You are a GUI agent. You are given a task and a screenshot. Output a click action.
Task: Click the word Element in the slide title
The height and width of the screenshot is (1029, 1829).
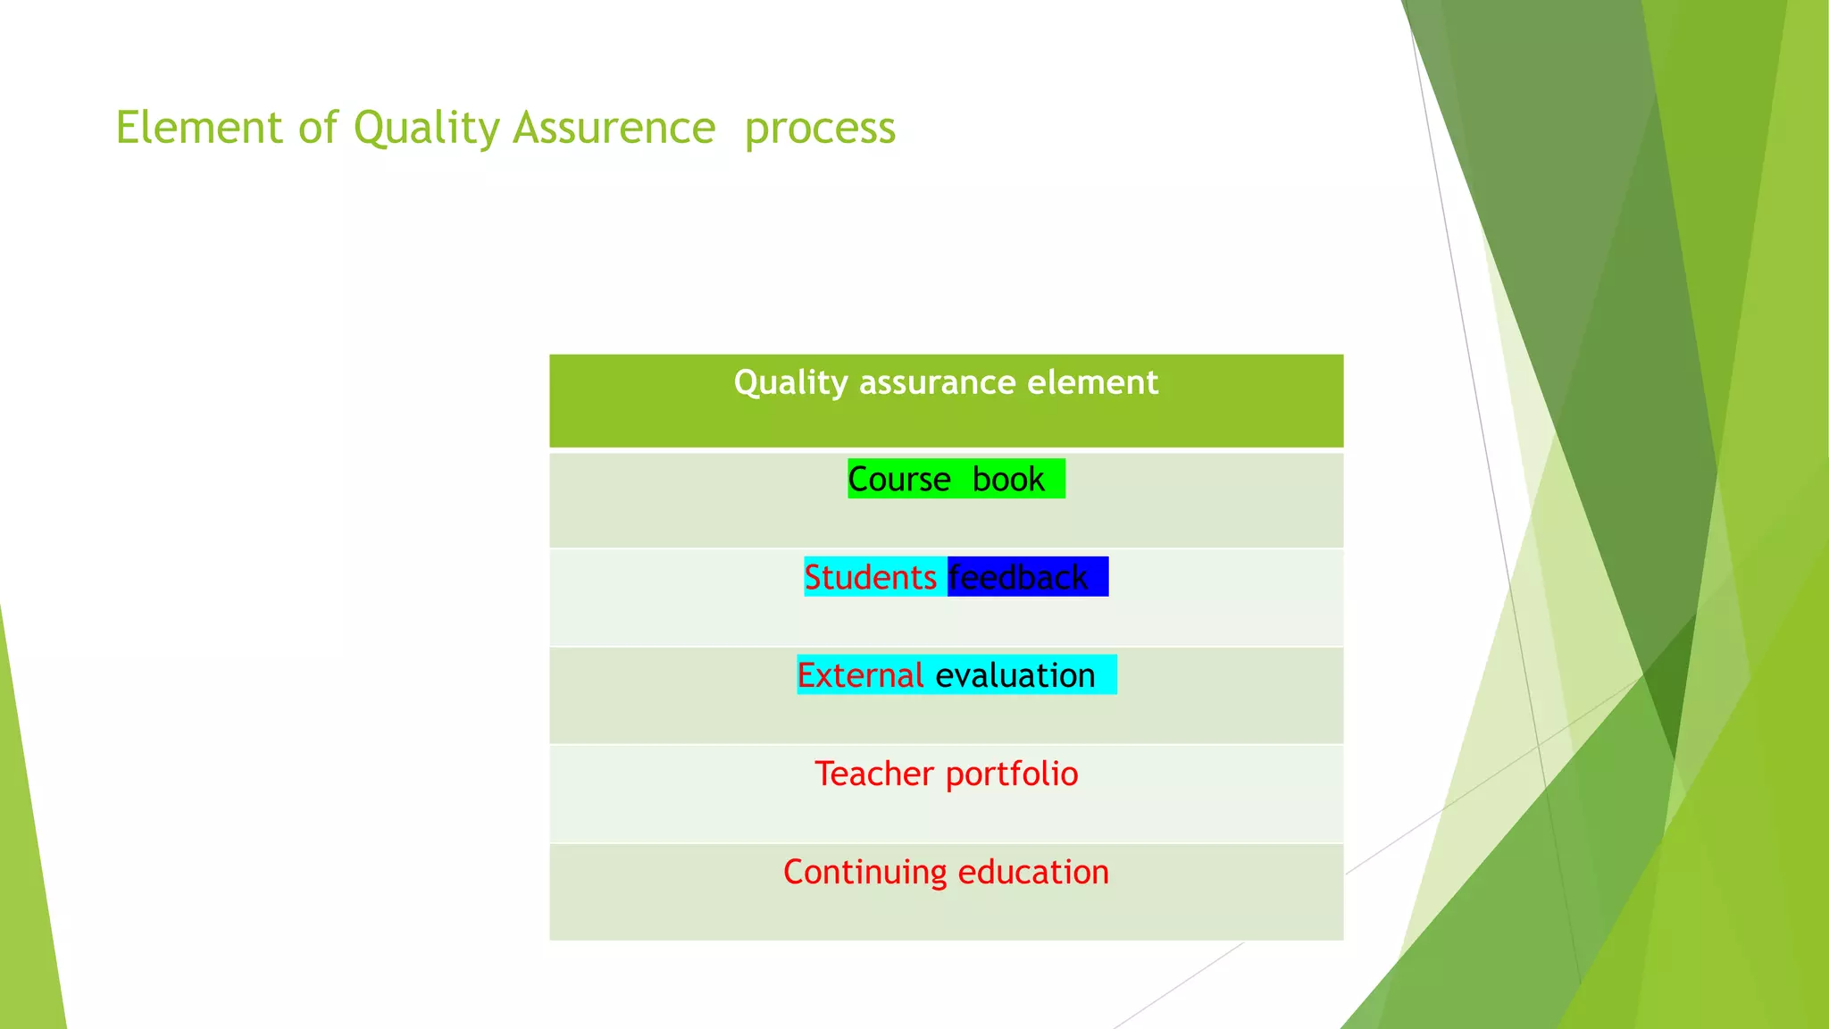pyautogui.click(x=199, y=128)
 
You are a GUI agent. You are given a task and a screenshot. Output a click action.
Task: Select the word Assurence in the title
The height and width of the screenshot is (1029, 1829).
pyautogui.click(x=614, y=128)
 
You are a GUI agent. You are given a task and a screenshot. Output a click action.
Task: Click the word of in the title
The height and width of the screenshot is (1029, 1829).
pyautogui.click(x=318, y=128)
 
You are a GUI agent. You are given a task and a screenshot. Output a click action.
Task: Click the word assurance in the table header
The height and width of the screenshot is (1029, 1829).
pyautogui.click(x=937, y=383)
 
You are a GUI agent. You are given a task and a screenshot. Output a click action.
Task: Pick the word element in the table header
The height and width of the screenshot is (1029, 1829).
pyautogui.click(x=1092, y=383)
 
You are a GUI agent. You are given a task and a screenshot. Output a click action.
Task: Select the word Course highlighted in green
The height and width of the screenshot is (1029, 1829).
pyautogui.click(x=898, y=480)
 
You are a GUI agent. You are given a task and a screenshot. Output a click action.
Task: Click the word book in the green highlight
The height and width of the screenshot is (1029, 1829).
pyautogui.click(x=1007, y=480)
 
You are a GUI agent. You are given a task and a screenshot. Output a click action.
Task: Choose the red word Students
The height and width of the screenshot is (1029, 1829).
pyautogui.click(x=870, y=578)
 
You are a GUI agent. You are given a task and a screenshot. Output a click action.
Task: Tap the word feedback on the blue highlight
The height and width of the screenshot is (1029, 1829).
pyautogui.click(x=1018, y=578)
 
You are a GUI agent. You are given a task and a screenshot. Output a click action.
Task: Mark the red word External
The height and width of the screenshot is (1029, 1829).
pyautogui.click(x=860, y=676)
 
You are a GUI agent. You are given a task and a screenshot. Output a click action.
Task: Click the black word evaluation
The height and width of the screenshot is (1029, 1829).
pyautogui.click(x=1015, y=676)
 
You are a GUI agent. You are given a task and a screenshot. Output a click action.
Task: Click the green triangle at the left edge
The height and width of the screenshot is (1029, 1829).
pyautogui.click(x=27, y=893)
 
